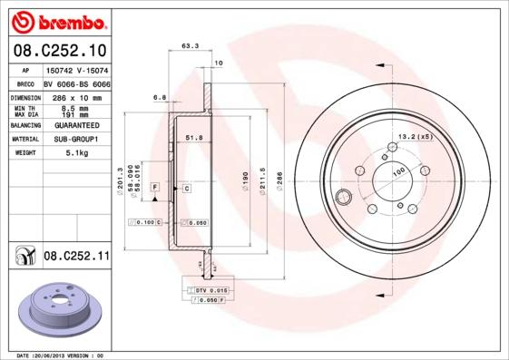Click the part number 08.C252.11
point(76,258)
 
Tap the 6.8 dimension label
point(160,97)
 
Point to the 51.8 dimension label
point(192,136)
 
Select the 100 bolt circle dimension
point(397,170)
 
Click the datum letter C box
point(186,188)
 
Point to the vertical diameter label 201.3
point(120,180)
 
